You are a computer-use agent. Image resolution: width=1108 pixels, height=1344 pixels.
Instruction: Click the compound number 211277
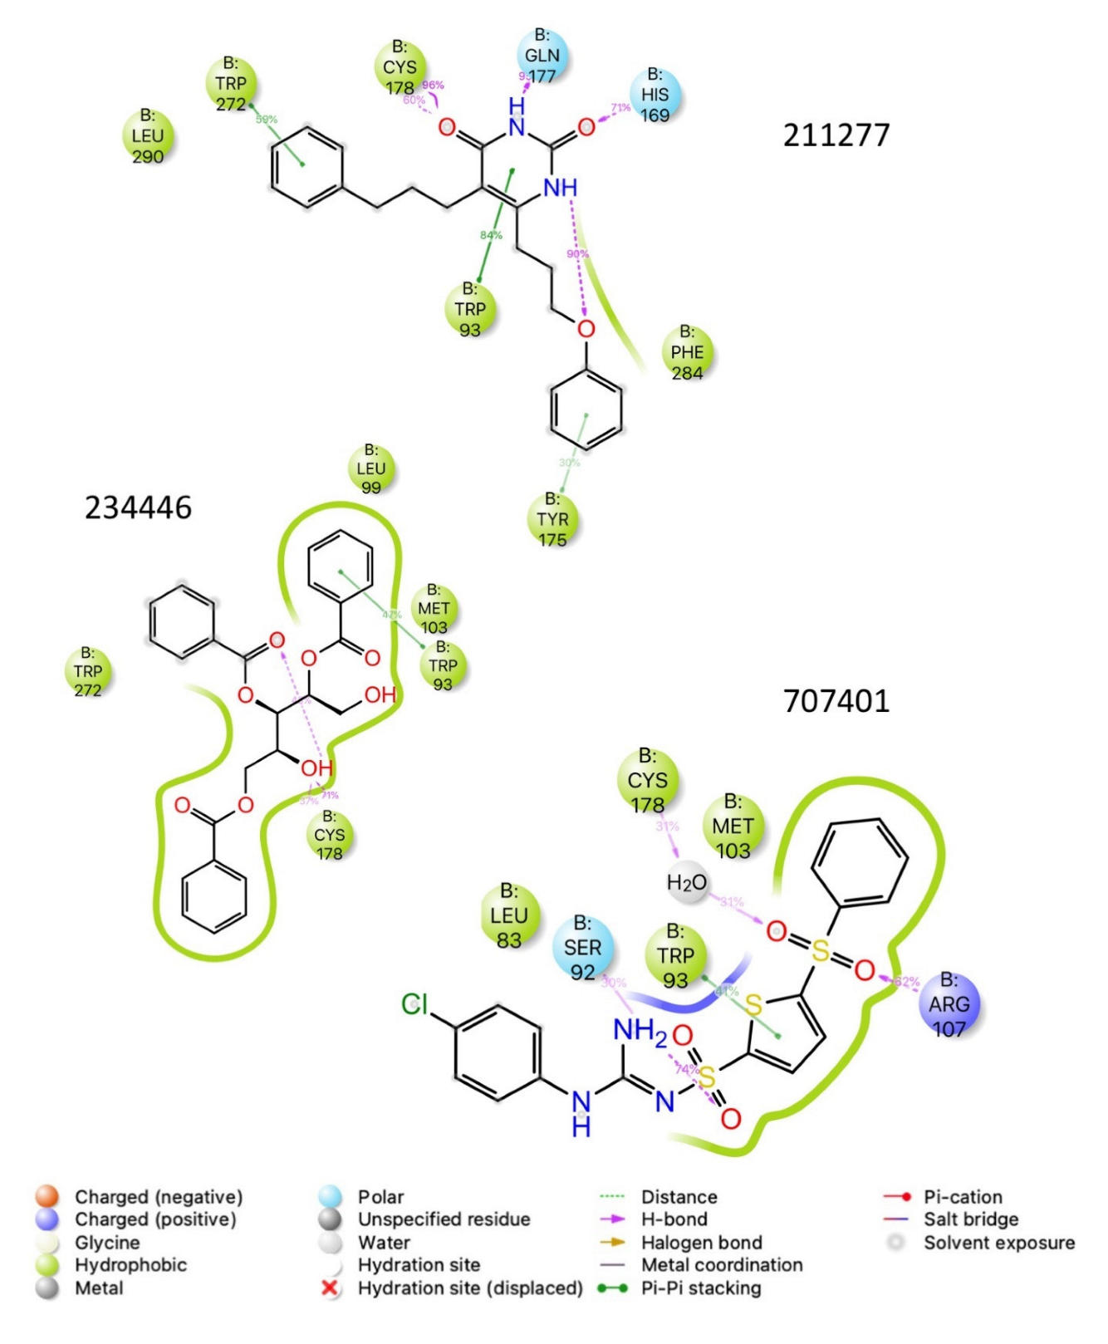[x=836, y=135]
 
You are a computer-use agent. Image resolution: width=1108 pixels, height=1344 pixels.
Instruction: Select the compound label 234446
[x=138, y=507]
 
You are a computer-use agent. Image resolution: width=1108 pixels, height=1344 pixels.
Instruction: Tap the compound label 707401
[x=836, y=701]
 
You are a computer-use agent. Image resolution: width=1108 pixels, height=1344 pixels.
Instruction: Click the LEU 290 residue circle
[x=148, y=135]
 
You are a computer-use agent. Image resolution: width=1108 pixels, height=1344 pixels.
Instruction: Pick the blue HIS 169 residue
[x=655, y=95]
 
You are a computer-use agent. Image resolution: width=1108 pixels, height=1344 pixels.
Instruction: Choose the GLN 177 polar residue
[x=542, y=56]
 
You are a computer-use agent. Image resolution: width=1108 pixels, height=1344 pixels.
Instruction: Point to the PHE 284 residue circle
[x=687, y=352]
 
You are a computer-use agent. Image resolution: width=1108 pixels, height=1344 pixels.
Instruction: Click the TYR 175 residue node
[x=552, y=519]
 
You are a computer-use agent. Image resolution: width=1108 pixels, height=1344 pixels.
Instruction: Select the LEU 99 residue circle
[x=371, y=468]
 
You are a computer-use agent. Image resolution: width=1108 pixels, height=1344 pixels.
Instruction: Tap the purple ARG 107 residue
[x=949, y=1004]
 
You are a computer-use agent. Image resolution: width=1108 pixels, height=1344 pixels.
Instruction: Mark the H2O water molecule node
[x=687, y=882]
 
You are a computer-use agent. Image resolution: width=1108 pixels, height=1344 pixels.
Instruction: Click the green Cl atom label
[x=414, y=1004]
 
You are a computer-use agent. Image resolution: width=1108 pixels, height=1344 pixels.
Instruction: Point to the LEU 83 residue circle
[x=509, y=915]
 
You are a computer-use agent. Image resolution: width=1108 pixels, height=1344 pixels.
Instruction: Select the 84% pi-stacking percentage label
[x=491, y=235]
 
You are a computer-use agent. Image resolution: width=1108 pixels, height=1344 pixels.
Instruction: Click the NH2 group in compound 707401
[x=639, y=1031]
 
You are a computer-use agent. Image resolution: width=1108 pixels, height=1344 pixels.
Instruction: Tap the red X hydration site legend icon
[x=330, y=1288]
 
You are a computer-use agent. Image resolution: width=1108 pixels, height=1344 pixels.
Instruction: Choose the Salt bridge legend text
[x=971, y=1219]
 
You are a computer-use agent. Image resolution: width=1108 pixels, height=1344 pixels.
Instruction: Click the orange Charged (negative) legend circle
[x=47, y=1197]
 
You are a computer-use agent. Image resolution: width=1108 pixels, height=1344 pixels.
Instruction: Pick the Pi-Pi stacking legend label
[x=701, y=1288]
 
